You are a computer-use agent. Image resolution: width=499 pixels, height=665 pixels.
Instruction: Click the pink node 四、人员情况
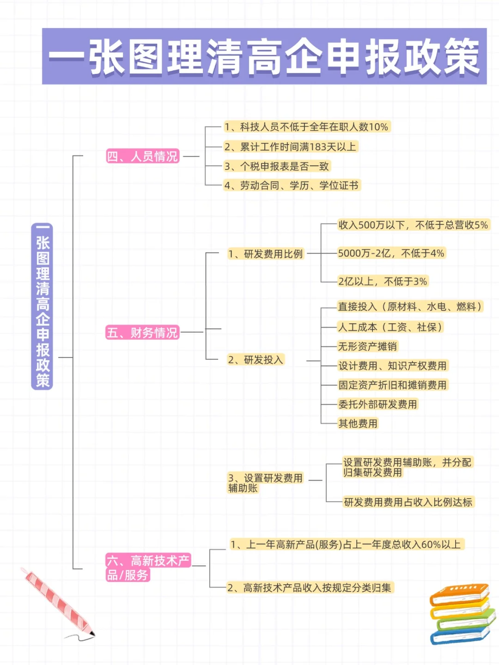[x=142, y=157]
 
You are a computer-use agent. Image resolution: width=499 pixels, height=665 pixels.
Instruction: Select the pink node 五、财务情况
[x=142, y=332]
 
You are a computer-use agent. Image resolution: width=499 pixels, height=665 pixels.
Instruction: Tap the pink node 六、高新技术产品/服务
[x=148, y=568]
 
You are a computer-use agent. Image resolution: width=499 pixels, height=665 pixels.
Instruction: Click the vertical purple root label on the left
[x=42, y=307]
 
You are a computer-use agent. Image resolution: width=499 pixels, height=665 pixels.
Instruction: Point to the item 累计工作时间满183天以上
[x=290, y=147]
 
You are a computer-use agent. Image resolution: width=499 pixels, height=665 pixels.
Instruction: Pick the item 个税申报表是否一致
[x=276, y=166]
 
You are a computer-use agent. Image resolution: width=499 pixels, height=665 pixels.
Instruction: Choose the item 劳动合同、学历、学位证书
[x=291, y=186]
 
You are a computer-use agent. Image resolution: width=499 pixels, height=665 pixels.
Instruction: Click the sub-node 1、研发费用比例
[x=266, y=254]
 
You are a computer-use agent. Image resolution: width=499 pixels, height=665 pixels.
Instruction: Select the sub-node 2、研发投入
[x=256, y=360]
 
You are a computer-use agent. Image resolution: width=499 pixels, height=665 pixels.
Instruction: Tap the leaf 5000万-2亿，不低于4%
[x=391, y=254]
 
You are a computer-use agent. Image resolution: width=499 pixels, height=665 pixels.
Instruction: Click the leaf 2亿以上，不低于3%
[x=383, y=282]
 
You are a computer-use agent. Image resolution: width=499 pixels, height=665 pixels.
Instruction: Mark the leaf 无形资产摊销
[x=367, y=346]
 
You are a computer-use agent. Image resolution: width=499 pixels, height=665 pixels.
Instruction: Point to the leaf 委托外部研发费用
[x=377, y=405]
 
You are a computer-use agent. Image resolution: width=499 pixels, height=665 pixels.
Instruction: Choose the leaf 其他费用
[x=358, y=423]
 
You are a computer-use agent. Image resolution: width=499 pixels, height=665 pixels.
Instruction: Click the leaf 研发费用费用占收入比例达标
[x=408, y=502]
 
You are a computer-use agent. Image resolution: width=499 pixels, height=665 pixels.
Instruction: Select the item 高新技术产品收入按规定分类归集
[x=310, y=588]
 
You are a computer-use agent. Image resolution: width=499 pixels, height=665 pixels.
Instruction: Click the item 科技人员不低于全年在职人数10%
[x=306, y=127]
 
